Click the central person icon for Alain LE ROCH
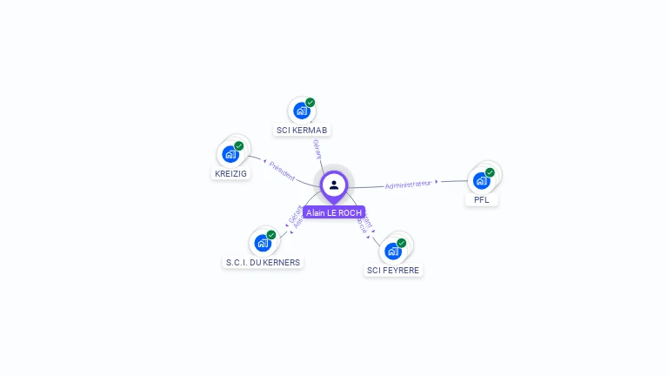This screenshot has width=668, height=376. pyautogui.click(x=334, y=185)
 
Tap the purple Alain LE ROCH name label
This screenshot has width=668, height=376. pyautogui.click(x=334, y=212)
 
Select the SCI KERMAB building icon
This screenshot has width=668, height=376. pyautogui.click(x=301, y=111)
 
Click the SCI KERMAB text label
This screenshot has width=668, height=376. pyautogui.click(x=302, y=131)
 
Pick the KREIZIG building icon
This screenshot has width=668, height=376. pyautogui.click(x=230, y=154)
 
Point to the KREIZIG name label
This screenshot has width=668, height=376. pyautogui.click(x=231, y=174)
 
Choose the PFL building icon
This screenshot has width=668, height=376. pyautogui.click(x=481, y=180)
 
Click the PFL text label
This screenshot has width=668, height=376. pyautogui.click(x=482, y=200)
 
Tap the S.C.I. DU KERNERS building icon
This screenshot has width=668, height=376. pyautogui.click(x=262, y=243)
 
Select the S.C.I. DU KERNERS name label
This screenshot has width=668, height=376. pyautogui.click(x=264, y=262)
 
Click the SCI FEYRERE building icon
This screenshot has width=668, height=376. pyautogui.click(x=392, y=251)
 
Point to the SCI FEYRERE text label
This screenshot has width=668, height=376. pyautogui.click(x=393, y=271)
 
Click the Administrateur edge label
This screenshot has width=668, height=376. pyautogui.click(x=408, y=185)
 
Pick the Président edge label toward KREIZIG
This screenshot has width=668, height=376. pyautogui.click(x=282, y=171)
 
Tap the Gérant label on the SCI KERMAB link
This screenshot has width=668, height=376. pyautogui.click(x=317, y=149)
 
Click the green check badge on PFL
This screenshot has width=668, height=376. pyautogui.click(x=490, y=172)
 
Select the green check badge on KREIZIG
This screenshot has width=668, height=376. pyautogui.click(x=239, y=146)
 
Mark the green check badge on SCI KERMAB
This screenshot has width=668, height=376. pyautogui.click(x=311, y=103)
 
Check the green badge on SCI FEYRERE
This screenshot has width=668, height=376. pyautogui.click(x=401, y=243)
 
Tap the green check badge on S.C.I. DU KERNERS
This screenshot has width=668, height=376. pyautogui.click(x=271, y=235)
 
